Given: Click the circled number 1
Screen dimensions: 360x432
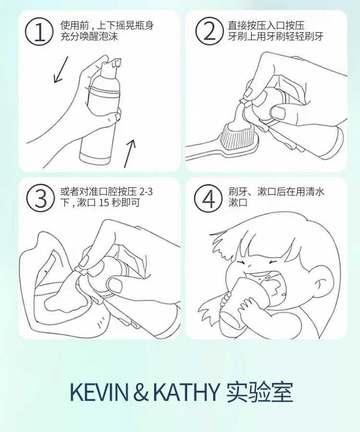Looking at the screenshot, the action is pos(39,31).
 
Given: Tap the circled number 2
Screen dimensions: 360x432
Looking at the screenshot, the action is pos(209,31).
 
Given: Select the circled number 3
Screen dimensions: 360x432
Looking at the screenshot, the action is pos(40,198).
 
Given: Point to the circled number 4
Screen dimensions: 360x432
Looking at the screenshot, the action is pos(208,198).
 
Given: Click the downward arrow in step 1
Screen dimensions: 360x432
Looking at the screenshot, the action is pos(60,70).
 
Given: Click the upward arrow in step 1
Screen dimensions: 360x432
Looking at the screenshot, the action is pos(130,154).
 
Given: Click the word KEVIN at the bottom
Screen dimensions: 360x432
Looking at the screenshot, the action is pos(99,392).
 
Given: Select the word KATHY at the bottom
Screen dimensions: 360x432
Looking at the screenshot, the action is pos(186,392).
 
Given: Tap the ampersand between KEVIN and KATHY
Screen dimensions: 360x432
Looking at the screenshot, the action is pos(141,392).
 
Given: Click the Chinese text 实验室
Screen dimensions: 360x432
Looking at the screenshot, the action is pos(260,392).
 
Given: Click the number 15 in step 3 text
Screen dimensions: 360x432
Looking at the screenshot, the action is pos(104,203).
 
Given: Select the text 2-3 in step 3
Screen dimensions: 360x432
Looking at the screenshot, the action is pos(146,192).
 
